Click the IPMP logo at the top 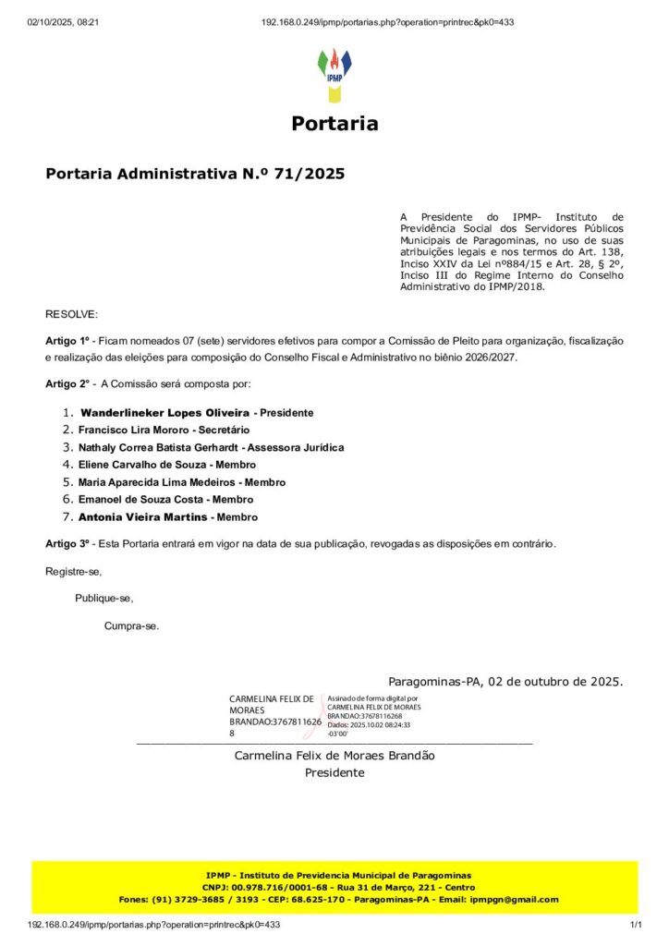click(x=334, y=76)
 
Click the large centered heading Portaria click(x=334, y=124)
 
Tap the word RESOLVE click(x=71, y=315)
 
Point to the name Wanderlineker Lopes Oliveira click(x=164, y=412)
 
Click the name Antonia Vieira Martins click(x=142, y=517)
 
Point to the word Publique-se click(x=104, y=598)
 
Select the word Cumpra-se click(x=131, y=625)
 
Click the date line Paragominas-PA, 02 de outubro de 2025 click(x=505, y=682)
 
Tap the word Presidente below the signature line click(x=334, y=772)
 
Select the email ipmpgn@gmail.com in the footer click(x=514, y=899)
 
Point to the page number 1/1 click(x=636, y=924)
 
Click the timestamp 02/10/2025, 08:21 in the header click(x=63, y=22)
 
